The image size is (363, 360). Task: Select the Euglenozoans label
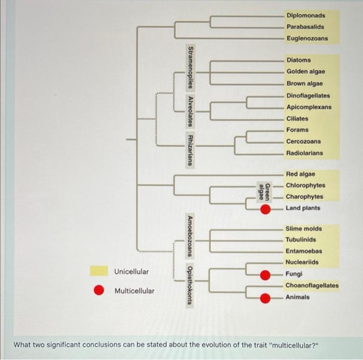pos(307,38)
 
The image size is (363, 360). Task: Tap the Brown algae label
pos(304,84)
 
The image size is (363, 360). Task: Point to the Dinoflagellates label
pos(308,95)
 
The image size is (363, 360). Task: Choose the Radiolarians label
pos(304,153)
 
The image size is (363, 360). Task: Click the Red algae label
pos(301,174)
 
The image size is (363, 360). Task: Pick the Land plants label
pos(303,208)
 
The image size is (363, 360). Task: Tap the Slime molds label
pos(304,228)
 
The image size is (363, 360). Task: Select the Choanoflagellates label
pos(312,285)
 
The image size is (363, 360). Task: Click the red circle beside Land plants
pos(265,209)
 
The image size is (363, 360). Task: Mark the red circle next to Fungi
pos(265,275)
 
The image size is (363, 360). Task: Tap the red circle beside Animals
pos(265,298)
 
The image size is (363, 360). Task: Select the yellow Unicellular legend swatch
pos(99,271)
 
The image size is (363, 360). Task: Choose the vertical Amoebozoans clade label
pos(190,236)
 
